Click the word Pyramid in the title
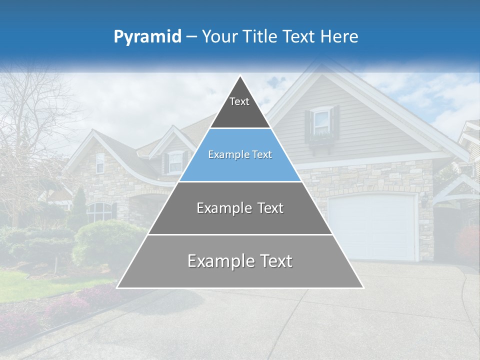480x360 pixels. [147, 37]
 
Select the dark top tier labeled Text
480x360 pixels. [239, 107]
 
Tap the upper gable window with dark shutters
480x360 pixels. [321, 121]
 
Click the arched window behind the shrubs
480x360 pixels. [99, 212]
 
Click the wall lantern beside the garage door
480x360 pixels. [424, 199]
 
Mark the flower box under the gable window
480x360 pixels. [321, 137]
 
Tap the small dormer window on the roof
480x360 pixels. [175, 161]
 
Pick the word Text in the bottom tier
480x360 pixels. [274, 261]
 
